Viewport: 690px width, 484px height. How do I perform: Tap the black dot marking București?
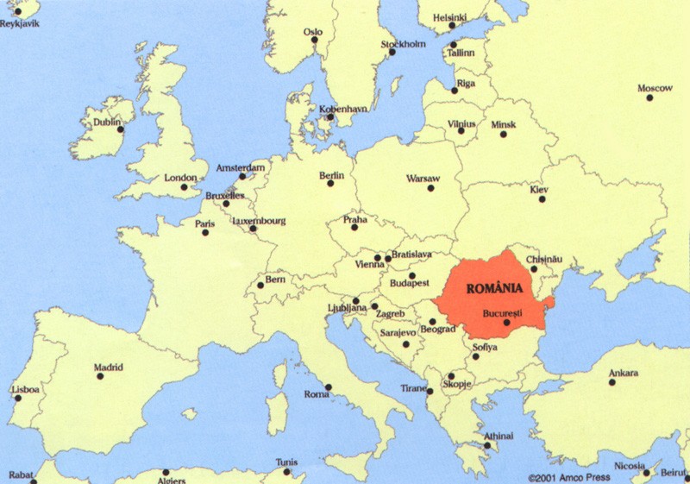click(x=507, y=323)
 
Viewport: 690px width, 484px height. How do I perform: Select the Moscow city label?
click(x=655, y=88)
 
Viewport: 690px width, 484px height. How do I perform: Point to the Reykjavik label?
click(x=20, y=23)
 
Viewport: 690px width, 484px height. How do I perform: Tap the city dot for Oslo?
click(x=315, y=41)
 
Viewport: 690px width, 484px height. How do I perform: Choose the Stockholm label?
click(x=403, y=44)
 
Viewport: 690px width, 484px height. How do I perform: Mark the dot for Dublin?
click(x=120, y=129)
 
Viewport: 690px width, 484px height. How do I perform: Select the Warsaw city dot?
click(x=430, y=187)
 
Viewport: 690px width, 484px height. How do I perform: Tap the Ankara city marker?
click(x=612, y=381)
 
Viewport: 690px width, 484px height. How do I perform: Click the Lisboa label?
click(x=25, y=389)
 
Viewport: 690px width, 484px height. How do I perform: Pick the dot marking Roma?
click(x=328, y=387)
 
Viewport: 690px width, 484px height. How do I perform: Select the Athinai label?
click(x=499, y=436)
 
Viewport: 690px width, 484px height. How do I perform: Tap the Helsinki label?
click(x=449, y=17)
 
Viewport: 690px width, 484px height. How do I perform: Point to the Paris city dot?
click(x=205, y=232)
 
